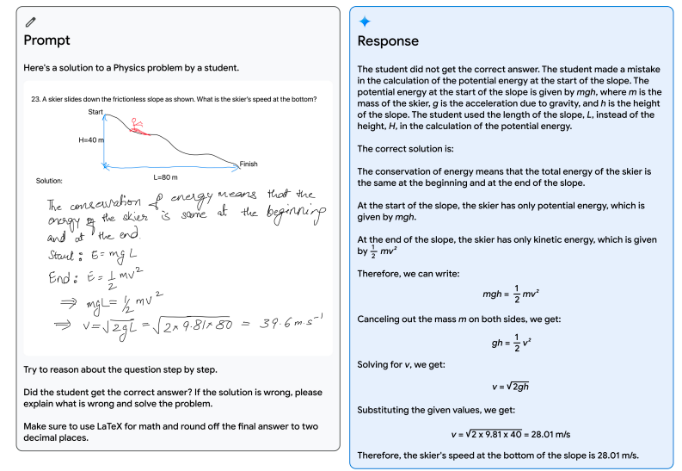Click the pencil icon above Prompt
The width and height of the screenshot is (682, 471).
tap(30, 21)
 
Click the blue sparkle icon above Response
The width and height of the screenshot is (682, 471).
tap(364, 22)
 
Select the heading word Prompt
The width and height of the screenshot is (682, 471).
tap(46, 40)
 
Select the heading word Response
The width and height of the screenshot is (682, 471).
tap(388, 41)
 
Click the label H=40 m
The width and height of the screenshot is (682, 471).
tap(90, 139)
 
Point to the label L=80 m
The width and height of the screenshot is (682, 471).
tap(165, 177)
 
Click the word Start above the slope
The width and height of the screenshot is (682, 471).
tap(95, 113)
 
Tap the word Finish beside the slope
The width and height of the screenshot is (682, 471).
tap(249, 164)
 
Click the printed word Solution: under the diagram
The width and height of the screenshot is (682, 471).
tap(49, 181)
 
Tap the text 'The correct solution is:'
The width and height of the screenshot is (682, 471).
tap(402, 149)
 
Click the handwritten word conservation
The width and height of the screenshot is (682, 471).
tap(107, 203)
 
